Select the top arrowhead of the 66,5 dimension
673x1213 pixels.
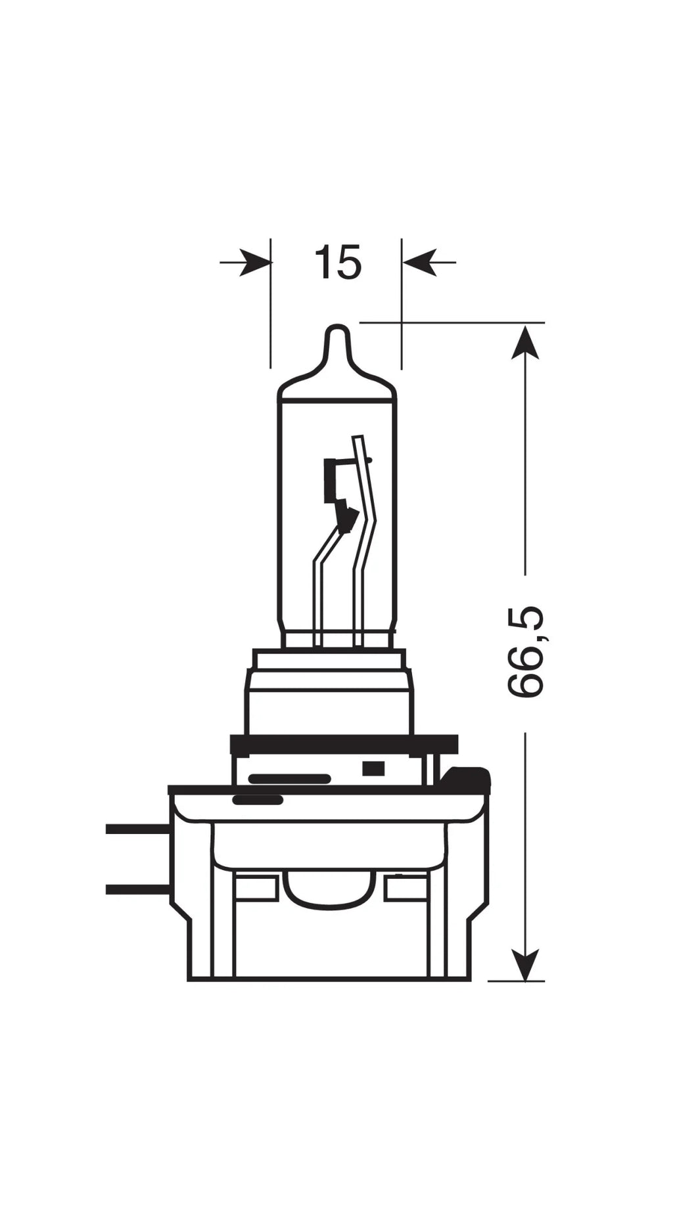pos(524,342)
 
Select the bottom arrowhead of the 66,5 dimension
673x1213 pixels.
pos(524,963)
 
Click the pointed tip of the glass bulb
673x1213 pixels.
pos(338,332)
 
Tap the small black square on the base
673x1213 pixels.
pos(373,768)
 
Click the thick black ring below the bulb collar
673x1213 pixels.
pos(344,745)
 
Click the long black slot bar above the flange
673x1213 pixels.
pos(289,779)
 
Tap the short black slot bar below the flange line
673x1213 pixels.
pos(258,800)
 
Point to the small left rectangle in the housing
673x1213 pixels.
pos(256,888)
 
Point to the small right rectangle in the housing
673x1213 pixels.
pos(406,888)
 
